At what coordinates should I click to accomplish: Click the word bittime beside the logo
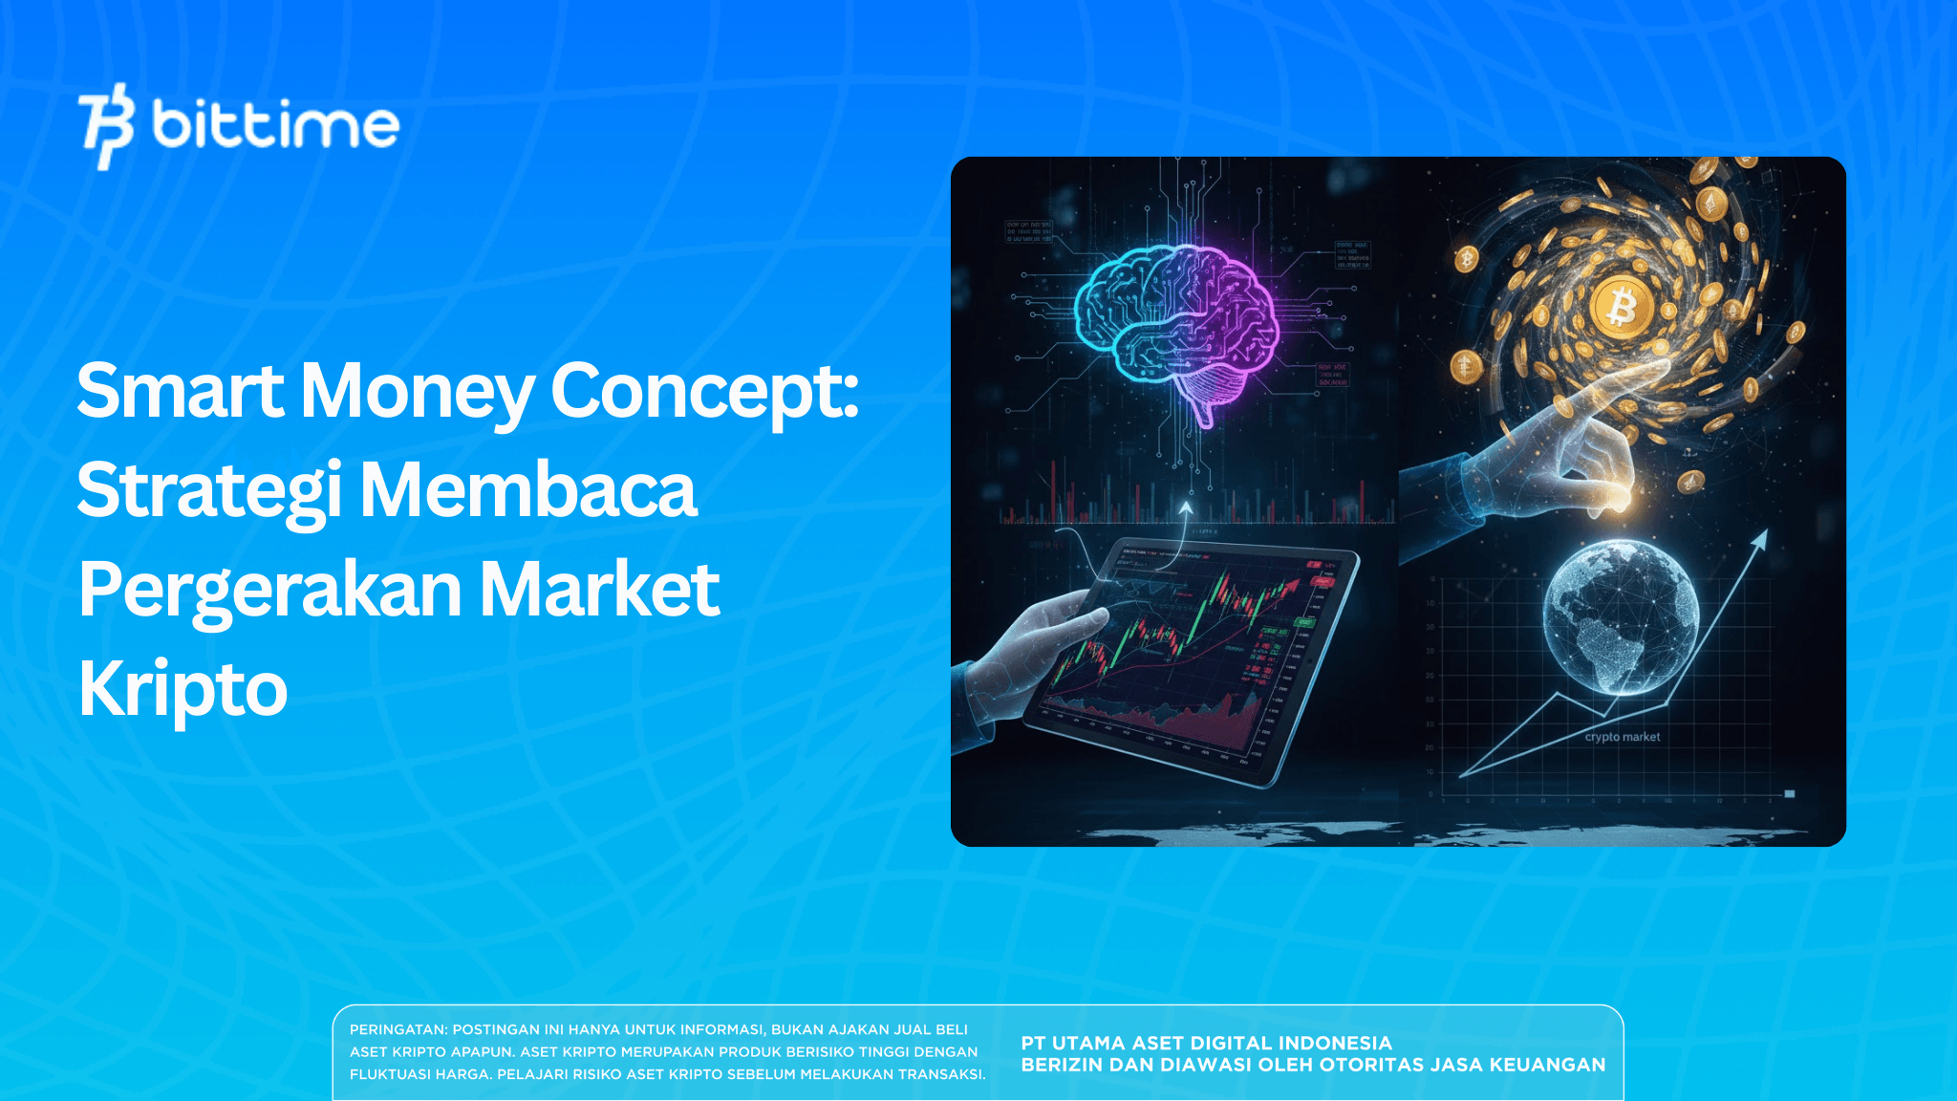pos(275,125)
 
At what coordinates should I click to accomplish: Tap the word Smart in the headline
pos(180,391)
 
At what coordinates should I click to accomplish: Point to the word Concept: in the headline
pos(705,391)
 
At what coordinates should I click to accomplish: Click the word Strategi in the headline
pos(209,490)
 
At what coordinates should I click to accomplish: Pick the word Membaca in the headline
pos(528,490)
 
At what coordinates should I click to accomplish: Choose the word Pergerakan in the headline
pos(270,590)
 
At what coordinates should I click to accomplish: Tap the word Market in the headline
pos(599,590)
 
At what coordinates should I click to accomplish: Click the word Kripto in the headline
pos(183,689)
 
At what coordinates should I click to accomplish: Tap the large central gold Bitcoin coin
pos(1622,309)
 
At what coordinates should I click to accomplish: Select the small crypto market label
pos(1622,737)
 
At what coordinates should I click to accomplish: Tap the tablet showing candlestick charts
pos(1194,659)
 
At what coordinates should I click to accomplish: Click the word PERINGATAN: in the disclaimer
pos(398,1029)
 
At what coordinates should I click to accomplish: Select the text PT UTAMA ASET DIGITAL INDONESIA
pos(1206,1043)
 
